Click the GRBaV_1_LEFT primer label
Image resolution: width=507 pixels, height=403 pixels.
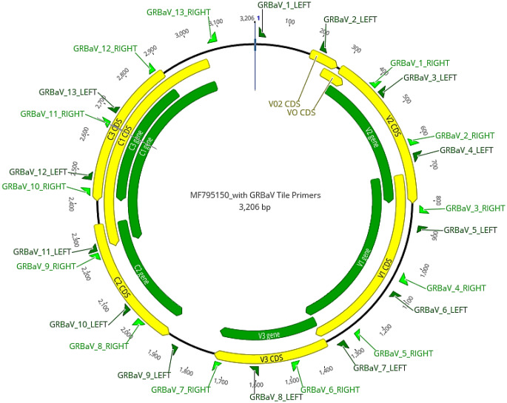point(286,5)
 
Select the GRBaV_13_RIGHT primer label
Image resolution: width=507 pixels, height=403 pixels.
point(178,13)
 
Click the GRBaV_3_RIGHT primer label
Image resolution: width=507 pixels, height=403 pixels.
point(464,208)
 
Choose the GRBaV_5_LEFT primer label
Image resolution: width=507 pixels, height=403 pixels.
point(469,230)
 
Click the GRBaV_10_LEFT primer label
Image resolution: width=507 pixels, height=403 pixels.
point(79,325)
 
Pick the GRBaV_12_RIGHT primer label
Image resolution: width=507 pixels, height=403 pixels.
point(105,49)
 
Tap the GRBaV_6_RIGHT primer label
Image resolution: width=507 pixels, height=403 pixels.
point(331,390)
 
